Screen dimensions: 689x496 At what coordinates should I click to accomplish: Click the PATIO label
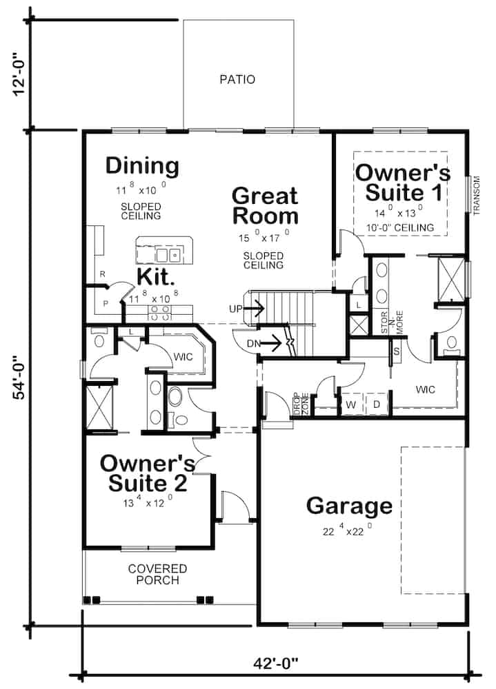237,79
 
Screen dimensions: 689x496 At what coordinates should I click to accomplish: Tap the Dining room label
142,166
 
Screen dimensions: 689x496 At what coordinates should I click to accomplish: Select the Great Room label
265,205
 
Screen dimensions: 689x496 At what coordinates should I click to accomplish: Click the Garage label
349,506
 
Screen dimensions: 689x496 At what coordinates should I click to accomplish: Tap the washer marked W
350,404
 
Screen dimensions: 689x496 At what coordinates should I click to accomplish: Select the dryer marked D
377,404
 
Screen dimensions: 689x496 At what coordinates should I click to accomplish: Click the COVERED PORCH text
157,574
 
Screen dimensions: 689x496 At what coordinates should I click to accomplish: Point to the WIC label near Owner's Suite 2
183,356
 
